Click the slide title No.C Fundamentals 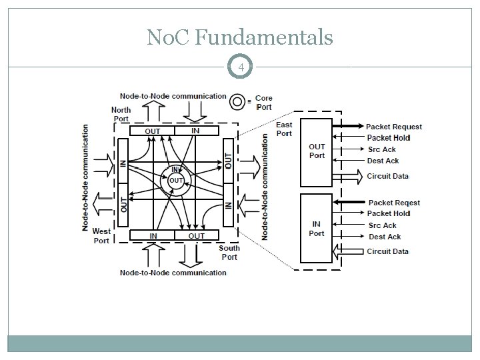tap(240, 38)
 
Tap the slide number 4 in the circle tap(240, 67)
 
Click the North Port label tap(121, 115)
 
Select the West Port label tap(101, 236)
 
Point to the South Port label tap(229, 253)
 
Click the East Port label tap(284, 129)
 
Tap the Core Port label tap(264, 103)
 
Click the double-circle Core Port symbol tap(237, 101)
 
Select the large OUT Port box tap(317, 152)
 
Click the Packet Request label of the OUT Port tap(394, 127)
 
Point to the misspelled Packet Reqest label tap(394, 203)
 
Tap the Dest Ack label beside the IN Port tap(385, 237)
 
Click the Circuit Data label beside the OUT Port tap(387, 177)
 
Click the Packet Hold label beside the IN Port tap(389, 213)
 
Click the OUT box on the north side tap(153, 131)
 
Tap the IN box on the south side tap(153, 235)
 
